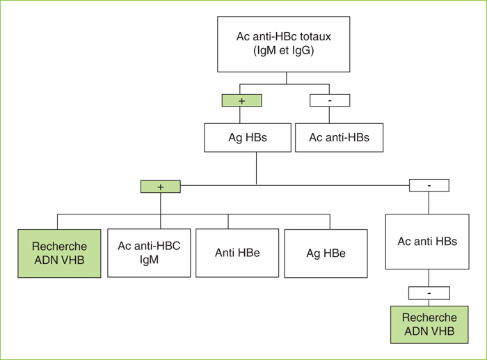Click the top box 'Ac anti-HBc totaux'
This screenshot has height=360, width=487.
[x=284, y=44]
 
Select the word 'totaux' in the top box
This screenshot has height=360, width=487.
[x=315, y=36]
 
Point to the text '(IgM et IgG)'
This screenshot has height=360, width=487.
[x=284, y=50]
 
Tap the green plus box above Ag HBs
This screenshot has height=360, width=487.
[x=241, y=100]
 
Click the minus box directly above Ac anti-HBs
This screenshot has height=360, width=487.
[x=330, y=100]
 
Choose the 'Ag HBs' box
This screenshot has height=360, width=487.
[x=248, y=137]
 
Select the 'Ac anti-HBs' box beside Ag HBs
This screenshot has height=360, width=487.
[x=340, y=137]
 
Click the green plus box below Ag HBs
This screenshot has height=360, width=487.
[x=161, y=187]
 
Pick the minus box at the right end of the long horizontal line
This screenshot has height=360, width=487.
[x=429, y=185]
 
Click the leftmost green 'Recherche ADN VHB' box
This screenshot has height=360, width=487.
[x=59, y=253]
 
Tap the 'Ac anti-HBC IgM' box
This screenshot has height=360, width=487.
[x=149, y=253]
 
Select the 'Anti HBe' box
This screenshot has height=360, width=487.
[x=237, y=253]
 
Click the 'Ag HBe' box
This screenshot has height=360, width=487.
[x=326, y=253]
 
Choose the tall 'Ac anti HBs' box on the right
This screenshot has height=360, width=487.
[x=427, y=242]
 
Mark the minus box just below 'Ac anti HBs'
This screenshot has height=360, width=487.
[x=429, y=293]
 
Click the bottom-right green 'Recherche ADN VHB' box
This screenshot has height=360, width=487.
[x=429, y=324]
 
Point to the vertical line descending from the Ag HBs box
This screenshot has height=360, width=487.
[x=256, y=169]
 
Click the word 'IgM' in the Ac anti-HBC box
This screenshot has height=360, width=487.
[x=149, y=260]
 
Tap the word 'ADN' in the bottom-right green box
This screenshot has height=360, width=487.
[x=417, y=331]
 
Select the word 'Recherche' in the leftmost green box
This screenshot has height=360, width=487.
[x=59, y=246]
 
